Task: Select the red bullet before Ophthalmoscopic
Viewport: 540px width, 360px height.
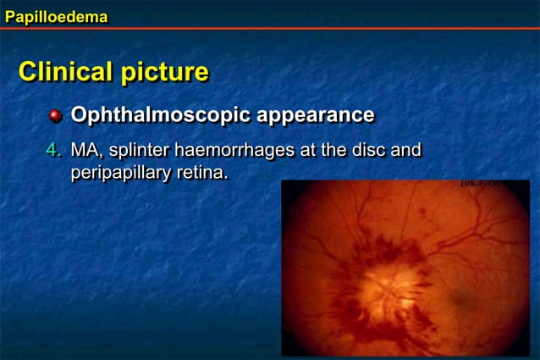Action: [x=56, y=115]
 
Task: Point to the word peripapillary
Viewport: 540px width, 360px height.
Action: [x=124, y=174]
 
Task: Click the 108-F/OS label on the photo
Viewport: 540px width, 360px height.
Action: [x=479, y=184]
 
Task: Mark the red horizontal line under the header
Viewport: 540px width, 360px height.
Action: [x=270, y=28]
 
